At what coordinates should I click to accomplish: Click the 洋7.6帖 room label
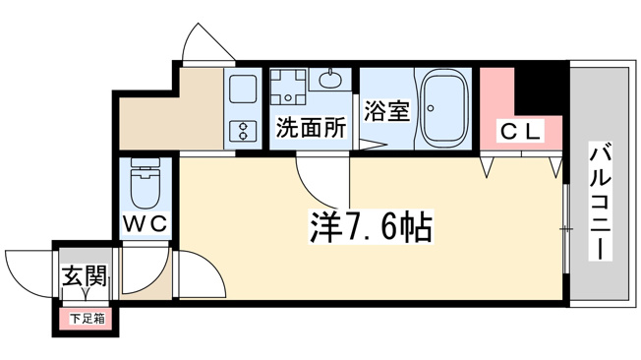coord(371,227)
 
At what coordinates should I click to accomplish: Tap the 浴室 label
coord(386,110)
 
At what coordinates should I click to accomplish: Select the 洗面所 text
coord(311,127)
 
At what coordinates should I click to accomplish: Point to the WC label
coord(146,223)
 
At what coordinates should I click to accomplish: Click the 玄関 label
coord(85,275)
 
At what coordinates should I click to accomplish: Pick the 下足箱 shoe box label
coord(87,319)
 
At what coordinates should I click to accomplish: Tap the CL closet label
coord(520,132)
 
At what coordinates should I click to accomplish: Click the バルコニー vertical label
coord(600,204)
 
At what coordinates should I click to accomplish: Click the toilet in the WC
coord(146,184)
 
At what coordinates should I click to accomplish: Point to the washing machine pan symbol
coord(288,87)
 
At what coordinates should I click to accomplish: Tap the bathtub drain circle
coord(431,108)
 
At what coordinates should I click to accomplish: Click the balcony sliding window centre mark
coord(566,229)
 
